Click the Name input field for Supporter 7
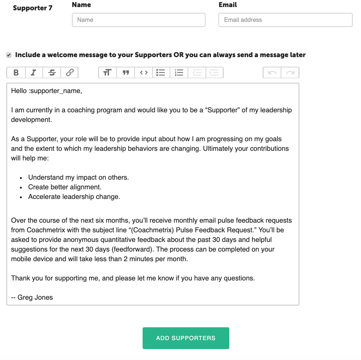click(138, 20)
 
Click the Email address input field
click(285, 20)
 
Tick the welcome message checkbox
click(9, 55)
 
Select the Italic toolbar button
click(33, 73)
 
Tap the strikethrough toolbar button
click(52, 73)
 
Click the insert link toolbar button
click(70, 73)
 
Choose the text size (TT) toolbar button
click(108, 73)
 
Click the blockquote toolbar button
click(126, 73)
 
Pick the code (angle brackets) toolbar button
click(144, 73)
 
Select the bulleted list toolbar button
click(161, 73)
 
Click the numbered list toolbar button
click(179, 73)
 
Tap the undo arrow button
click(272, 73)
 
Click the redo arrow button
click(290, 73)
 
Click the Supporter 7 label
click(32, 8)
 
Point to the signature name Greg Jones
click(35, 297)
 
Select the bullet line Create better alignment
click(65, 187)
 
